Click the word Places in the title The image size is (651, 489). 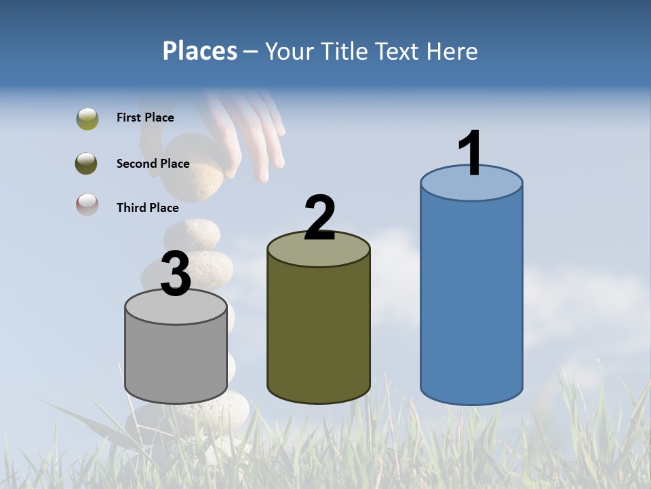tap(200, 51)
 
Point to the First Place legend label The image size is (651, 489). tap(145, 117)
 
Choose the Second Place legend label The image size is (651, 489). tap(153, 163)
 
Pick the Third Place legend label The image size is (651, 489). tap(147, 208)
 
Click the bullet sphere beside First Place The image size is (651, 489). tap(87, 118)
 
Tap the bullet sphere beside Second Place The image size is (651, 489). tap(87, 163)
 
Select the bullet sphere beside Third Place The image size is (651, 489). tap(87, 204)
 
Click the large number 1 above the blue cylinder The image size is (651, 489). tap(470, 153)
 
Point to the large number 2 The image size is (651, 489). tap(319, 218)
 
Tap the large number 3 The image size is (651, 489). tap(176, 274)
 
